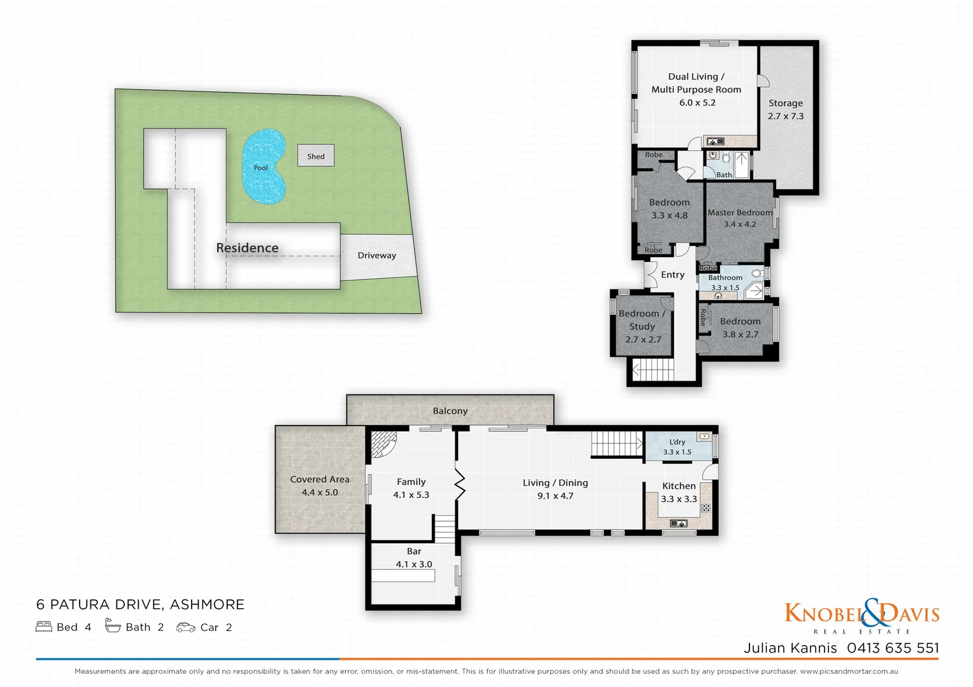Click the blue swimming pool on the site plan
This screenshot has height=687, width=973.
coord(263,167)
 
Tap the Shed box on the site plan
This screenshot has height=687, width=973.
coord(316,156)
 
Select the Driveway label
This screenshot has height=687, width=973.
coord(376,255)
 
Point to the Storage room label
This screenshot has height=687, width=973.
coord(785,103)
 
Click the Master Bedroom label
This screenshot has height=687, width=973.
coord(739,212)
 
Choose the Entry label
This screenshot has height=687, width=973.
coord(672,275)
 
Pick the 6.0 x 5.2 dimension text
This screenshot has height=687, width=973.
coord(697,102)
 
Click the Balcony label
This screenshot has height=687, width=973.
coord(450,411)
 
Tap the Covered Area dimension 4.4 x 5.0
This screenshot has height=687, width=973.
coord(320,492)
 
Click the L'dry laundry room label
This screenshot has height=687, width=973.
coord(678,441)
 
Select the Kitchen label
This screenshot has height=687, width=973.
coord(679,486)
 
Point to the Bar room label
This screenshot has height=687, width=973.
coord(414,552)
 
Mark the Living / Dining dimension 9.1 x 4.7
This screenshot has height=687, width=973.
coord(555,496)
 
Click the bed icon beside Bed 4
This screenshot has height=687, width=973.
coord(44,627)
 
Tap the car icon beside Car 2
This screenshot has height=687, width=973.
coord(185,627)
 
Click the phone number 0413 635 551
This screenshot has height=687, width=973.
coord(893,648)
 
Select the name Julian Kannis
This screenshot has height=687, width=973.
coord(790,648)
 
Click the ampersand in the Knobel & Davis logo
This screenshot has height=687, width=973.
coord(874,613)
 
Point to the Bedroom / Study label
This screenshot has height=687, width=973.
coord(642,320)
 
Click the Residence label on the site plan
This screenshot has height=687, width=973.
coord(247,248)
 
